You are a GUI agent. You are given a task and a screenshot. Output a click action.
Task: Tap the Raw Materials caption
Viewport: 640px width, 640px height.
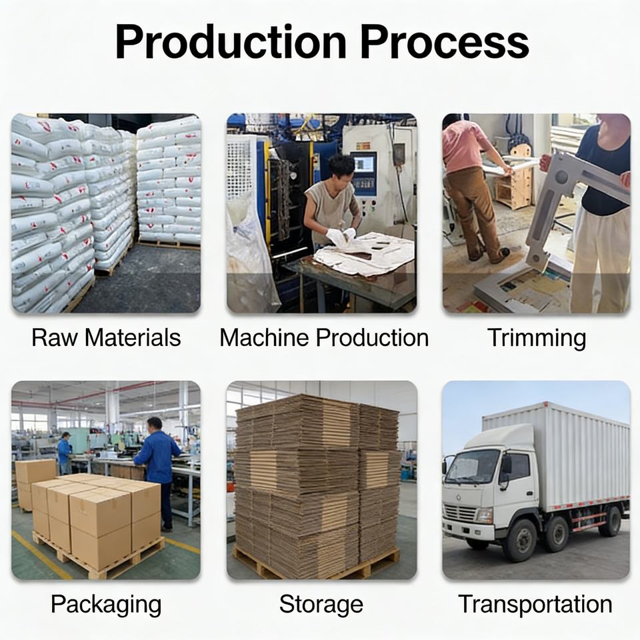(x=106, y=337)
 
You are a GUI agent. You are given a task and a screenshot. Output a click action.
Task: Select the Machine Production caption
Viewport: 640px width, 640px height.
(x=324, y=337)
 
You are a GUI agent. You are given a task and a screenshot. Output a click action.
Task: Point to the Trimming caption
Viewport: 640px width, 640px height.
(x=537, y=337)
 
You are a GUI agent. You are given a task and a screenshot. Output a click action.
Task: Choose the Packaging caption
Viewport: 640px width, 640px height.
(x=106, y=605)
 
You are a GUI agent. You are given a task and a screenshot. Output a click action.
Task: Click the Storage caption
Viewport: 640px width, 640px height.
(x=321, y=605)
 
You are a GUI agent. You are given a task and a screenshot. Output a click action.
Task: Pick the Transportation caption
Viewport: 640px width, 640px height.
(x=535, y=605)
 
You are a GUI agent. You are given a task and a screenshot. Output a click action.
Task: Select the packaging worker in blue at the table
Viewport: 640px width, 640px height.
(x=158, y=467)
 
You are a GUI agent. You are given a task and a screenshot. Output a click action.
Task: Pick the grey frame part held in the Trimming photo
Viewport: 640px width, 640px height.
(x=567, y=193)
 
